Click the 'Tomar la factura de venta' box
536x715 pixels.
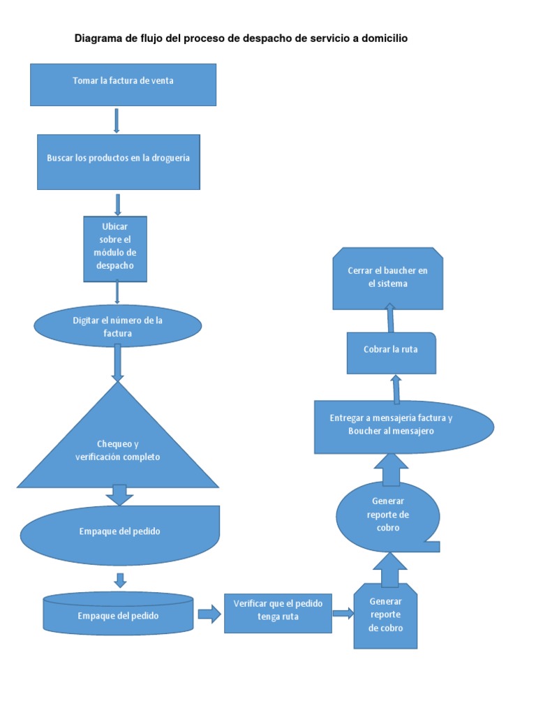pyautogui.click(x=123, y=84)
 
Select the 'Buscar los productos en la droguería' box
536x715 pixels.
pyautogui.click(x=118, y=161)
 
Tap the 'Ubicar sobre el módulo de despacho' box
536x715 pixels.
pyautogui.click(x=115, y=249)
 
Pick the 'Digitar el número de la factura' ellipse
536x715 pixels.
pyautogui.click(x=118, y=326)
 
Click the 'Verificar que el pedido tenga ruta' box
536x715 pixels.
pyautogui.click(x=278, y=613)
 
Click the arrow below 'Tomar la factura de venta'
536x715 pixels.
pyautogui.click(x=117, y=120)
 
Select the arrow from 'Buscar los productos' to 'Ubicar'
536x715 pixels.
pyautogui.click(x=118, y=204)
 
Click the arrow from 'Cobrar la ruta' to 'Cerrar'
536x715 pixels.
pyautogui.click(x=390, y=318)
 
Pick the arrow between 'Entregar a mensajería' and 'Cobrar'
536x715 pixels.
pyautogui.click(x=396, y=388)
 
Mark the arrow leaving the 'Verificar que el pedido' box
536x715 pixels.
pyautogui.click(x=343, y=613)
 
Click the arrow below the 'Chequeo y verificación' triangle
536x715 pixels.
pyautogui.click(x=119, y=494)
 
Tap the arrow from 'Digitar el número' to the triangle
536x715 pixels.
pyautogui.click(x=117, y=362)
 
